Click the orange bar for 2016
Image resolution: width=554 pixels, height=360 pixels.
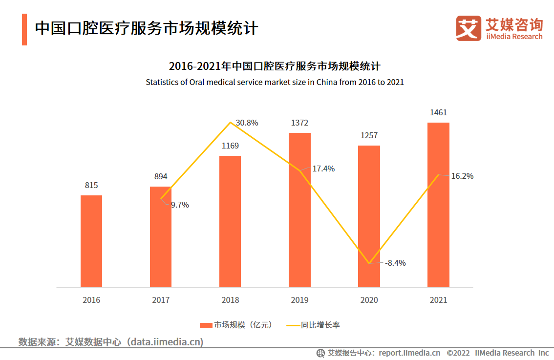click(91, 241)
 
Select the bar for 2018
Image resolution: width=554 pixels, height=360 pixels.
click(230, 221)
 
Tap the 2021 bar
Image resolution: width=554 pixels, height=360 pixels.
click(438, 205)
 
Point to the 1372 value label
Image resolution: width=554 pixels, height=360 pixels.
click(299, 123)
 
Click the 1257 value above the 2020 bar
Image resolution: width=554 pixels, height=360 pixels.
click(369, 135)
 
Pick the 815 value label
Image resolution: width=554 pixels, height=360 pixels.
click(91, 185)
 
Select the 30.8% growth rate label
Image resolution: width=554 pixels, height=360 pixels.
click(247, 123)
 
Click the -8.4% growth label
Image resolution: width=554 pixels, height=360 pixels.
click(395, 263)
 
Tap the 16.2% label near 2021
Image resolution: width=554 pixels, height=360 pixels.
click(462, 176)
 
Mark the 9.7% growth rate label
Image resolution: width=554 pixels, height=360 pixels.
click(180, 205)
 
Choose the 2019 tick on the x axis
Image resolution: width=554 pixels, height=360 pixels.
click(299, 300)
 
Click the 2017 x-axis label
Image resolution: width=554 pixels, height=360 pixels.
click(161, 300)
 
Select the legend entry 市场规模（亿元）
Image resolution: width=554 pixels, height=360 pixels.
click(236, 325)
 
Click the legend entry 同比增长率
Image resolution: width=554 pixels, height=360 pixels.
click(313, 325)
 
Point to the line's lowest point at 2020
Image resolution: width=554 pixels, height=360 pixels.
click(369, 263)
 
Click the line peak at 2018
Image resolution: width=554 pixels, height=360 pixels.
click(230, 122)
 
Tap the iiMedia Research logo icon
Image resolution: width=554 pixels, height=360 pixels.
click(469, 28)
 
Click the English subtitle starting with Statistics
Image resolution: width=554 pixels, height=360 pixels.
click(275, 82)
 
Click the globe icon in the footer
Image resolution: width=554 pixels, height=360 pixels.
click(321, 353)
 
